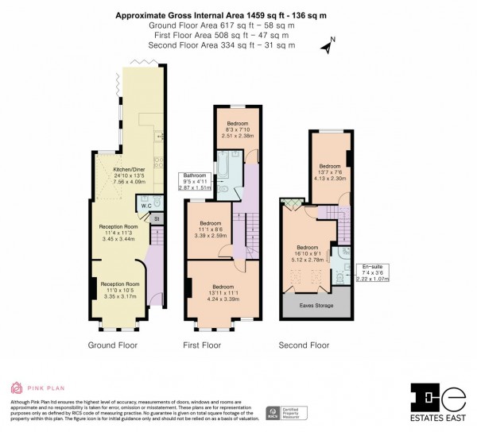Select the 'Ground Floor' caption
point(114,345)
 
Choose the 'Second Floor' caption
point(304,345)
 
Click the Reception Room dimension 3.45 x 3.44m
point(119,239)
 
